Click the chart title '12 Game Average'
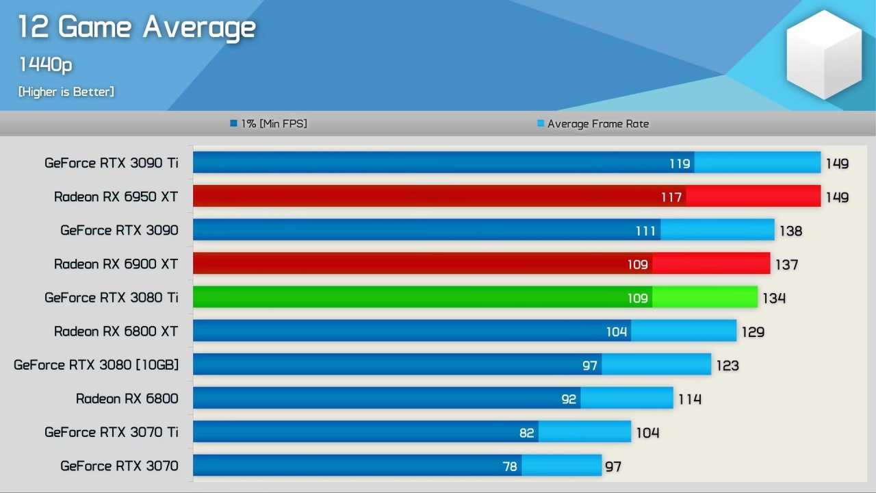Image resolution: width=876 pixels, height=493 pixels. (136, 28)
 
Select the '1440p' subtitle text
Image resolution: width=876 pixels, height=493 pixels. (45, 65)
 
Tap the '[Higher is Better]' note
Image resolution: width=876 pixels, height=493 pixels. (66, 92)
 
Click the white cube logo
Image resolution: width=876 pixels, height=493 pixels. (824, 55)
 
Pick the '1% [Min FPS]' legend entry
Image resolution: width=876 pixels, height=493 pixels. (269, 124)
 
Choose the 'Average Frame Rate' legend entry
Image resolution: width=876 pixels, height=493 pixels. (593, 124)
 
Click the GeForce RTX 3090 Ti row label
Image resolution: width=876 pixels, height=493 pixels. (111, 163)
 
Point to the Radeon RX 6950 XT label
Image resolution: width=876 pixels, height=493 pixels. (116, 197)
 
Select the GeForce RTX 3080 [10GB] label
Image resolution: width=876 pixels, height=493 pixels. (96, 365)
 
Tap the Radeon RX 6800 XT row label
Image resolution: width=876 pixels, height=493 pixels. (116, 331)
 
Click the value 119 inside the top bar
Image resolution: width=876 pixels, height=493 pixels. (680, 164)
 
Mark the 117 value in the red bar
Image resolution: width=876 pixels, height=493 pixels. (671, 197)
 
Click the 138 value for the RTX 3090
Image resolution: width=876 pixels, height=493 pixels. (790, 231)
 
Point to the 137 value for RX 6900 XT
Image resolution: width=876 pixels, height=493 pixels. (786, 264)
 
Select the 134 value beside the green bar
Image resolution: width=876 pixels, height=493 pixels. (774, 298)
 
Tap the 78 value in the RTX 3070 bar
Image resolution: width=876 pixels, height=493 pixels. (510, 466)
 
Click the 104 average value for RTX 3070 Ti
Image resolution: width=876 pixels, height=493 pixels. (647, 433)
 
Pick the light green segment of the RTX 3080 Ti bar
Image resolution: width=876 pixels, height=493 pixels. (705, 297)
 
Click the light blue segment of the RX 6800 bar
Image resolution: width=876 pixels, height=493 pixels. (627, 398)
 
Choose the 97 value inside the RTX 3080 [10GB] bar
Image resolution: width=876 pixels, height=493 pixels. (590, 366)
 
